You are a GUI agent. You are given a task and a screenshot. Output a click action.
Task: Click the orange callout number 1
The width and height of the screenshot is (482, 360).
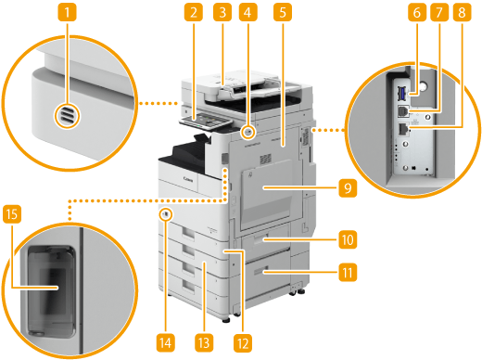point(67,12)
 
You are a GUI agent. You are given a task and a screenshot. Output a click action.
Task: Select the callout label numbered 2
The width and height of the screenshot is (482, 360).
point(194,12)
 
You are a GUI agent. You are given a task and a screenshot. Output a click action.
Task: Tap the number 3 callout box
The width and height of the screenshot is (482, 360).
point(222,12)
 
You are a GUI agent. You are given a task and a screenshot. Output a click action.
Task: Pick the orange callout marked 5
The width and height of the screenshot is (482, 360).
point(283,12)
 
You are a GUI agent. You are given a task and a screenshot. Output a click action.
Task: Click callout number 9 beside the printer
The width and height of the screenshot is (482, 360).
point(348,187)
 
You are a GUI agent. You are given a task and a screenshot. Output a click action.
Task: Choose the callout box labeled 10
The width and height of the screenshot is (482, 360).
point(348,239)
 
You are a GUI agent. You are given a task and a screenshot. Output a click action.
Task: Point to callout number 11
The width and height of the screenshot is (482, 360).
point(348,273)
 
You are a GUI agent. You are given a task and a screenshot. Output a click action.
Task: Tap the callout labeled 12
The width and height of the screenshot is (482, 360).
point(243,343)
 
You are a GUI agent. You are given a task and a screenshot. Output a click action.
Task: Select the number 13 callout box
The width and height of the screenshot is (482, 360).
point(204,343)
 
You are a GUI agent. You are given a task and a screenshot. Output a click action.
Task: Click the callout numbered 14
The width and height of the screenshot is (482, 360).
point(166,343)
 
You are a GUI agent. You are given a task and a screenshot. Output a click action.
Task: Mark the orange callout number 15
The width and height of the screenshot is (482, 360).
point(12,213)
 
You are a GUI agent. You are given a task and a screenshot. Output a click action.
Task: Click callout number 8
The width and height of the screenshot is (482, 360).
point(462,12)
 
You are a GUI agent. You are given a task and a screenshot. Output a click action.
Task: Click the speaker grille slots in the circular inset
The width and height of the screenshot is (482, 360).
point(67,116)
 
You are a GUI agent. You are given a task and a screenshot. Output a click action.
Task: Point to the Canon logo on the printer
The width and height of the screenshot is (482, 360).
point(188,179)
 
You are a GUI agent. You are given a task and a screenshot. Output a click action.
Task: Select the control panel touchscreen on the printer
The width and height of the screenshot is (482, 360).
point(205,120)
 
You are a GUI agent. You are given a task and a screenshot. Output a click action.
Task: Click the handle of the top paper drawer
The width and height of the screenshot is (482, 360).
point(188,233)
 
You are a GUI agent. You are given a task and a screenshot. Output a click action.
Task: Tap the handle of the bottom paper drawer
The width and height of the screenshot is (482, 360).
point(189,287)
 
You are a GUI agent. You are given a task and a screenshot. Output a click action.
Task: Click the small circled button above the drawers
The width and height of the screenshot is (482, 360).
point(166,214)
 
